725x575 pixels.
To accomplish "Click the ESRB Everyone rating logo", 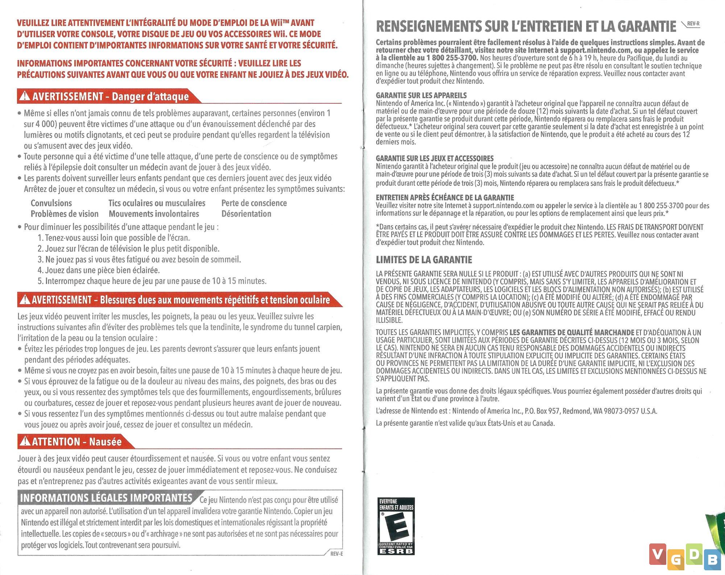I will coord(396,526).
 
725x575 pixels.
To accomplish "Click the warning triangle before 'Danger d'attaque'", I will coord(25,96).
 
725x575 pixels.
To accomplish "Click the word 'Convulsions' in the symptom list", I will coord(51,203).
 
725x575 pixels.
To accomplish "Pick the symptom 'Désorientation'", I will coord(246,214).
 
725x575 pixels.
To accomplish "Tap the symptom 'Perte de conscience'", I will coord(254,203).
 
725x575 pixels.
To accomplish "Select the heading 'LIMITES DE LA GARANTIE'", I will coord(424,260).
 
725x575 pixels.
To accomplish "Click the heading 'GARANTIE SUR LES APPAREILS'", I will coord(421,96).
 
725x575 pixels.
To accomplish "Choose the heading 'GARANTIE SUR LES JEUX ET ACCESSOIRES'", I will coord(435,158).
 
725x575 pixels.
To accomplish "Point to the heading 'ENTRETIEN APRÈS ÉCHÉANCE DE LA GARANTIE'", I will coord(445,198).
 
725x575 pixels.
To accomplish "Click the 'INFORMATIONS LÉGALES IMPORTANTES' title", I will coord(106,498).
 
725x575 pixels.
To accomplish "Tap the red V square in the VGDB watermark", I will coord(658,554).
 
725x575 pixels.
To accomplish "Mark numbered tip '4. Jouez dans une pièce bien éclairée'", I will coord(99,270).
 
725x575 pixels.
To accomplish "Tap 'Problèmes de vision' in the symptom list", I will coord(65,214).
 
